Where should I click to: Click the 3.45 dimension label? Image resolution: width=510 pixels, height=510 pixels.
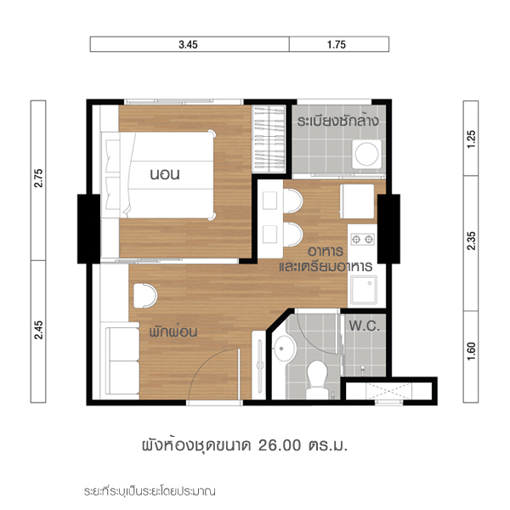188,44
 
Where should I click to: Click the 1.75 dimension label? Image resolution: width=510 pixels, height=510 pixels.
337,44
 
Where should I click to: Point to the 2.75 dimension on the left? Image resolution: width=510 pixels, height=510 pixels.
38,178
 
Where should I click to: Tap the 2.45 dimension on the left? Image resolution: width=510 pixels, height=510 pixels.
38,330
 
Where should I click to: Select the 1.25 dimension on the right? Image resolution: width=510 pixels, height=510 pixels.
471,139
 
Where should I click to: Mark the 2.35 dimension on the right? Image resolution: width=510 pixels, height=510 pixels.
471,241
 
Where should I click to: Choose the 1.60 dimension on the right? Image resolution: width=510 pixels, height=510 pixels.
471,351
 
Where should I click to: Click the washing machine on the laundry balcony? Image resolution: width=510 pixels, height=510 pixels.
367,154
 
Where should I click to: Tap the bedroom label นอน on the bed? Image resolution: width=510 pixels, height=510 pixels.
165,174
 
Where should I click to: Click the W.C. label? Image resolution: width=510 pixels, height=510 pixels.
365,326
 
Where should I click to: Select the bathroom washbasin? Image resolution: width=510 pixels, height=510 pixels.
284,349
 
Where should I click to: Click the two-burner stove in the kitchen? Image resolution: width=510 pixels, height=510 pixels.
362,240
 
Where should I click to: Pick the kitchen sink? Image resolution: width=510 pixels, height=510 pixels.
364,290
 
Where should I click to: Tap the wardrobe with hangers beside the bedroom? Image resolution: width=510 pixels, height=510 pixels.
269,139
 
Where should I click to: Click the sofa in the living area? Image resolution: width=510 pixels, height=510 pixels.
122,360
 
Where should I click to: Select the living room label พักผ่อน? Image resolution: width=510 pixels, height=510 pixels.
173,332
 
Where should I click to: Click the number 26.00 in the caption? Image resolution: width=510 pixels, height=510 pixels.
280,445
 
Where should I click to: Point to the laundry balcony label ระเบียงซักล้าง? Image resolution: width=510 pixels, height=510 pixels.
338,121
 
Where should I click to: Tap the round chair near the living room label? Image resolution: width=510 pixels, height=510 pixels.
145,296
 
